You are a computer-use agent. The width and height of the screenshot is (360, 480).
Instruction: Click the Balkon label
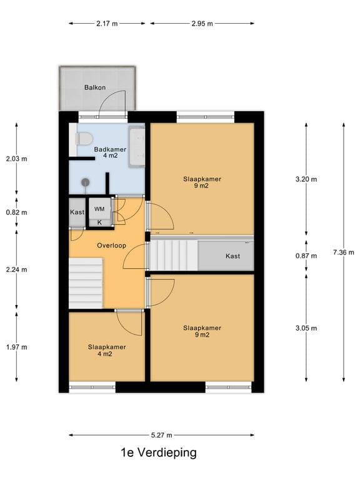point(95,87)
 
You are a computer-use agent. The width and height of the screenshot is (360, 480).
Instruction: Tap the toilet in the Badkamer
point(84,139)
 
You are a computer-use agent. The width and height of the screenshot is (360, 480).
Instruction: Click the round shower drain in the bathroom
point(85,182)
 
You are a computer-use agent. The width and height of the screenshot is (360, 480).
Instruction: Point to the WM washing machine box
point(99,209)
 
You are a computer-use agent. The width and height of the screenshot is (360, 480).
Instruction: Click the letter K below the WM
point(99,222)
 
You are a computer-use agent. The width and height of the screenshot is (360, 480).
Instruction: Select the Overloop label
point(111,246)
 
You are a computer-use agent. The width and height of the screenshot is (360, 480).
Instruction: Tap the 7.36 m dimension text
point(344,252)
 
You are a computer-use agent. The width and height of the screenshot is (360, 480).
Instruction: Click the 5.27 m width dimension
point(161,435)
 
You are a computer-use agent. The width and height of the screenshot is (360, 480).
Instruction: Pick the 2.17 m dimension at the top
point(107,24)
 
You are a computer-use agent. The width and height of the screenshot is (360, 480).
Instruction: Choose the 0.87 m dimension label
point(306,256)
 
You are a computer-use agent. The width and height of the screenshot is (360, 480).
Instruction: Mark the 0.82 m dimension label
point(16,212)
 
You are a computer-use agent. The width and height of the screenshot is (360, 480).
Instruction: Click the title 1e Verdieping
point(159,452)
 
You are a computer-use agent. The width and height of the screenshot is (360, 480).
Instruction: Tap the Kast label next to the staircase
point(232,256)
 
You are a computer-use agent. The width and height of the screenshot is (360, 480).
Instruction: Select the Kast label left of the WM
point(77,212)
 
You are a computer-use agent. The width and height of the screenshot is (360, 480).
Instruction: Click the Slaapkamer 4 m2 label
point(107,351)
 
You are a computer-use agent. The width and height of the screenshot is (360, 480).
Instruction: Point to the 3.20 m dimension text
point(306,179)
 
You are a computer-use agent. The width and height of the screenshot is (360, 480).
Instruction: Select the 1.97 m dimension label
point(16,347)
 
